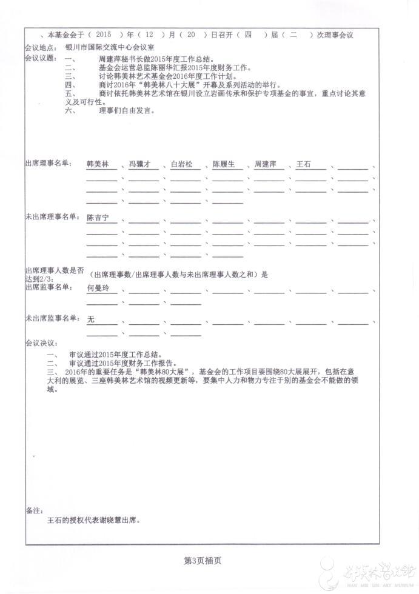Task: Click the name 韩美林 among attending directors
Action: [x=98, y=165]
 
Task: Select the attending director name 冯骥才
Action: [x=139, y=165]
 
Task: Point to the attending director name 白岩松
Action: [x=181, y=165]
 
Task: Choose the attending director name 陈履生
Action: [x=223, y=165]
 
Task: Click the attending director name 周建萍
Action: [x=265, y=165]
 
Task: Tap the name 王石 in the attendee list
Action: [x=303, y=165]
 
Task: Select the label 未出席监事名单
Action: [x=50, y=318]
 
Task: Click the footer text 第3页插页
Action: [x=203, y=561]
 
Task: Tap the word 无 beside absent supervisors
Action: [x=92, y=319]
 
